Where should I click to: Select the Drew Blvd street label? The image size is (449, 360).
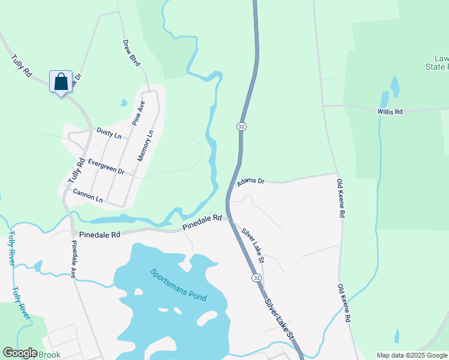click(x=131, y=53)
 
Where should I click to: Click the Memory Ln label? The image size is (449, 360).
click(x=146, y=145)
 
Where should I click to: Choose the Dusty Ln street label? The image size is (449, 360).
click(x=109, y=133)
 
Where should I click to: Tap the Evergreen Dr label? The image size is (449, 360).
click(x=106, y=166)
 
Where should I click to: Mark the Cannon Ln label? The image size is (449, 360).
click(x=88, y=195)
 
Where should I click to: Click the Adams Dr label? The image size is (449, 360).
click(x=250, y=181)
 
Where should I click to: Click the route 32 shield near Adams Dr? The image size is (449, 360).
click(x=241, y=127)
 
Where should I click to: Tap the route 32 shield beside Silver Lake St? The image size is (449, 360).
click(x=256, y=278)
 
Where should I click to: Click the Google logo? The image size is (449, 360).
click(x=20, y=353)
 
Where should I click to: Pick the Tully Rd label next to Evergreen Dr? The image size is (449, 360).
click(x=76, y=170)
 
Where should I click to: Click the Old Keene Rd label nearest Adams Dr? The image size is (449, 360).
click(x=340, y=198)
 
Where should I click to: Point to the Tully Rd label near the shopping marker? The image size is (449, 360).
click(x=21, y=66)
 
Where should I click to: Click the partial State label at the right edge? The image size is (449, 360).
click(x=437, y=67)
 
